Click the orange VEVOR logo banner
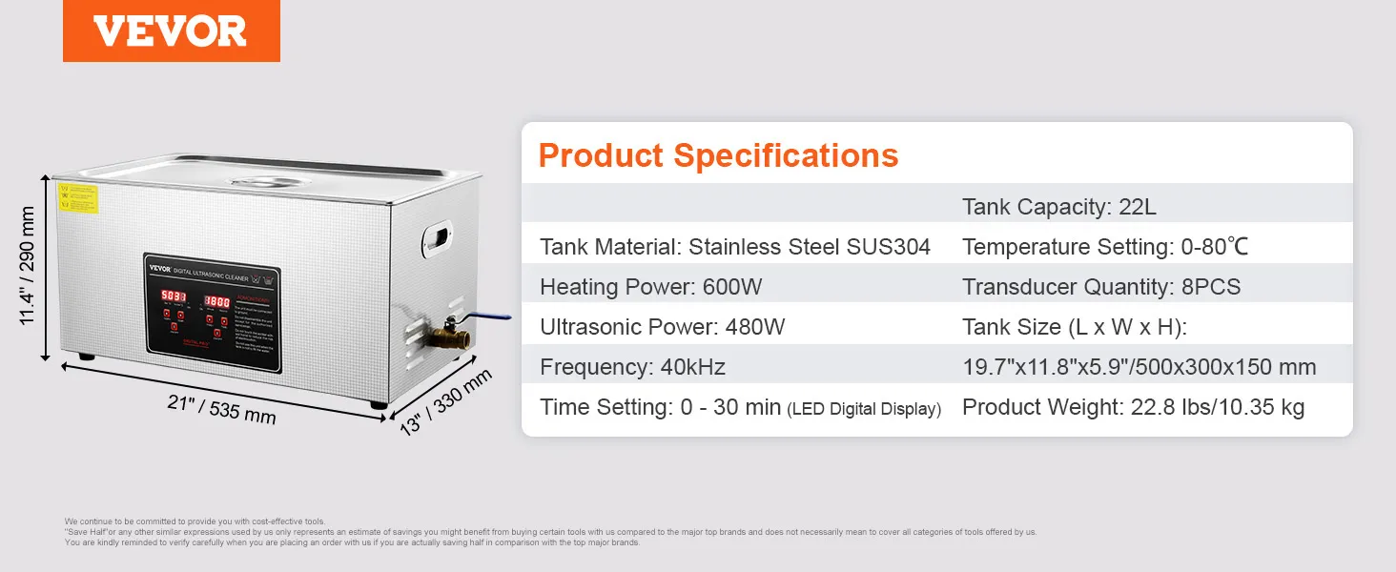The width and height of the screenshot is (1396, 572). (x=172, y=31)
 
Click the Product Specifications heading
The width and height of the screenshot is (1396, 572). (x=718, y=155)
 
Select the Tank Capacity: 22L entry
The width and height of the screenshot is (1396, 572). (x=1058, y=207)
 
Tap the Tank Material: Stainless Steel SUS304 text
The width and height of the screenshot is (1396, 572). (x=734, y=247)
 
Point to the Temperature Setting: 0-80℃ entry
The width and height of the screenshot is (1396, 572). (x=1105, y=247)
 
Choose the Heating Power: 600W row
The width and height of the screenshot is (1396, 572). (x=650, y=287)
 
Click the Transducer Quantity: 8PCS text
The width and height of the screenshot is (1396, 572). (x=1101, y=287)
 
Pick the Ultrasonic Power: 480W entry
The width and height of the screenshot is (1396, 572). (x=662, y=327)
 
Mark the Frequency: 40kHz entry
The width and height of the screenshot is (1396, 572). (x=631, y=367)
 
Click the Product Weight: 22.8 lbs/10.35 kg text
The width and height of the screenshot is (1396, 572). (x=1133, y=407)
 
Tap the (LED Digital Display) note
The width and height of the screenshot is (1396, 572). (x=864, y=409)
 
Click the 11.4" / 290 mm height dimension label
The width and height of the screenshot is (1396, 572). (x=28, y=267)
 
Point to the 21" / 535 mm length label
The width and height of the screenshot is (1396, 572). (x=221, y=410)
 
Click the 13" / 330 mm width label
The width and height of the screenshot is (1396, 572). (x=446, y=401)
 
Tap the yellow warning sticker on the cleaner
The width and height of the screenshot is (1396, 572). (x=77, y=198)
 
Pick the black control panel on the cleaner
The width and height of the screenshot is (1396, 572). (x=212, y=313)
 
